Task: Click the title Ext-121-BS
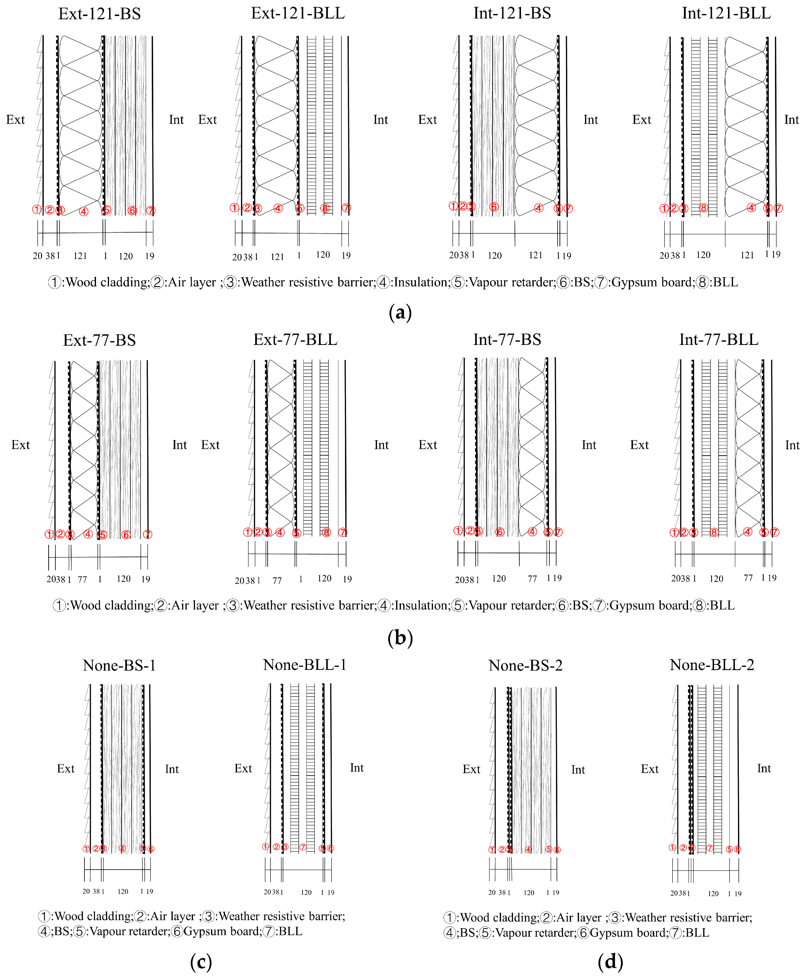(x=99, y=14)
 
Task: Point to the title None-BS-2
(x=525, y=666)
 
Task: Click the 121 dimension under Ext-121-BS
(x=80, y=256)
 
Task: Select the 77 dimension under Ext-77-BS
(x=82, y=579)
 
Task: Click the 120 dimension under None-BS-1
(x=122, y=891)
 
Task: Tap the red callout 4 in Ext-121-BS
(x=84, y=212)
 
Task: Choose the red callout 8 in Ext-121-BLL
(x=325, y=209)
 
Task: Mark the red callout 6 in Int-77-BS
(x=499, y=532)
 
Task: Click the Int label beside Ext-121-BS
(x=176, y=120)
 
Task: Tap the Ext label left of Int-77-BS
(x=427, y=445)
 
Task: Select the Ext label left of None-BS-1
(x=66, y=769)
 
